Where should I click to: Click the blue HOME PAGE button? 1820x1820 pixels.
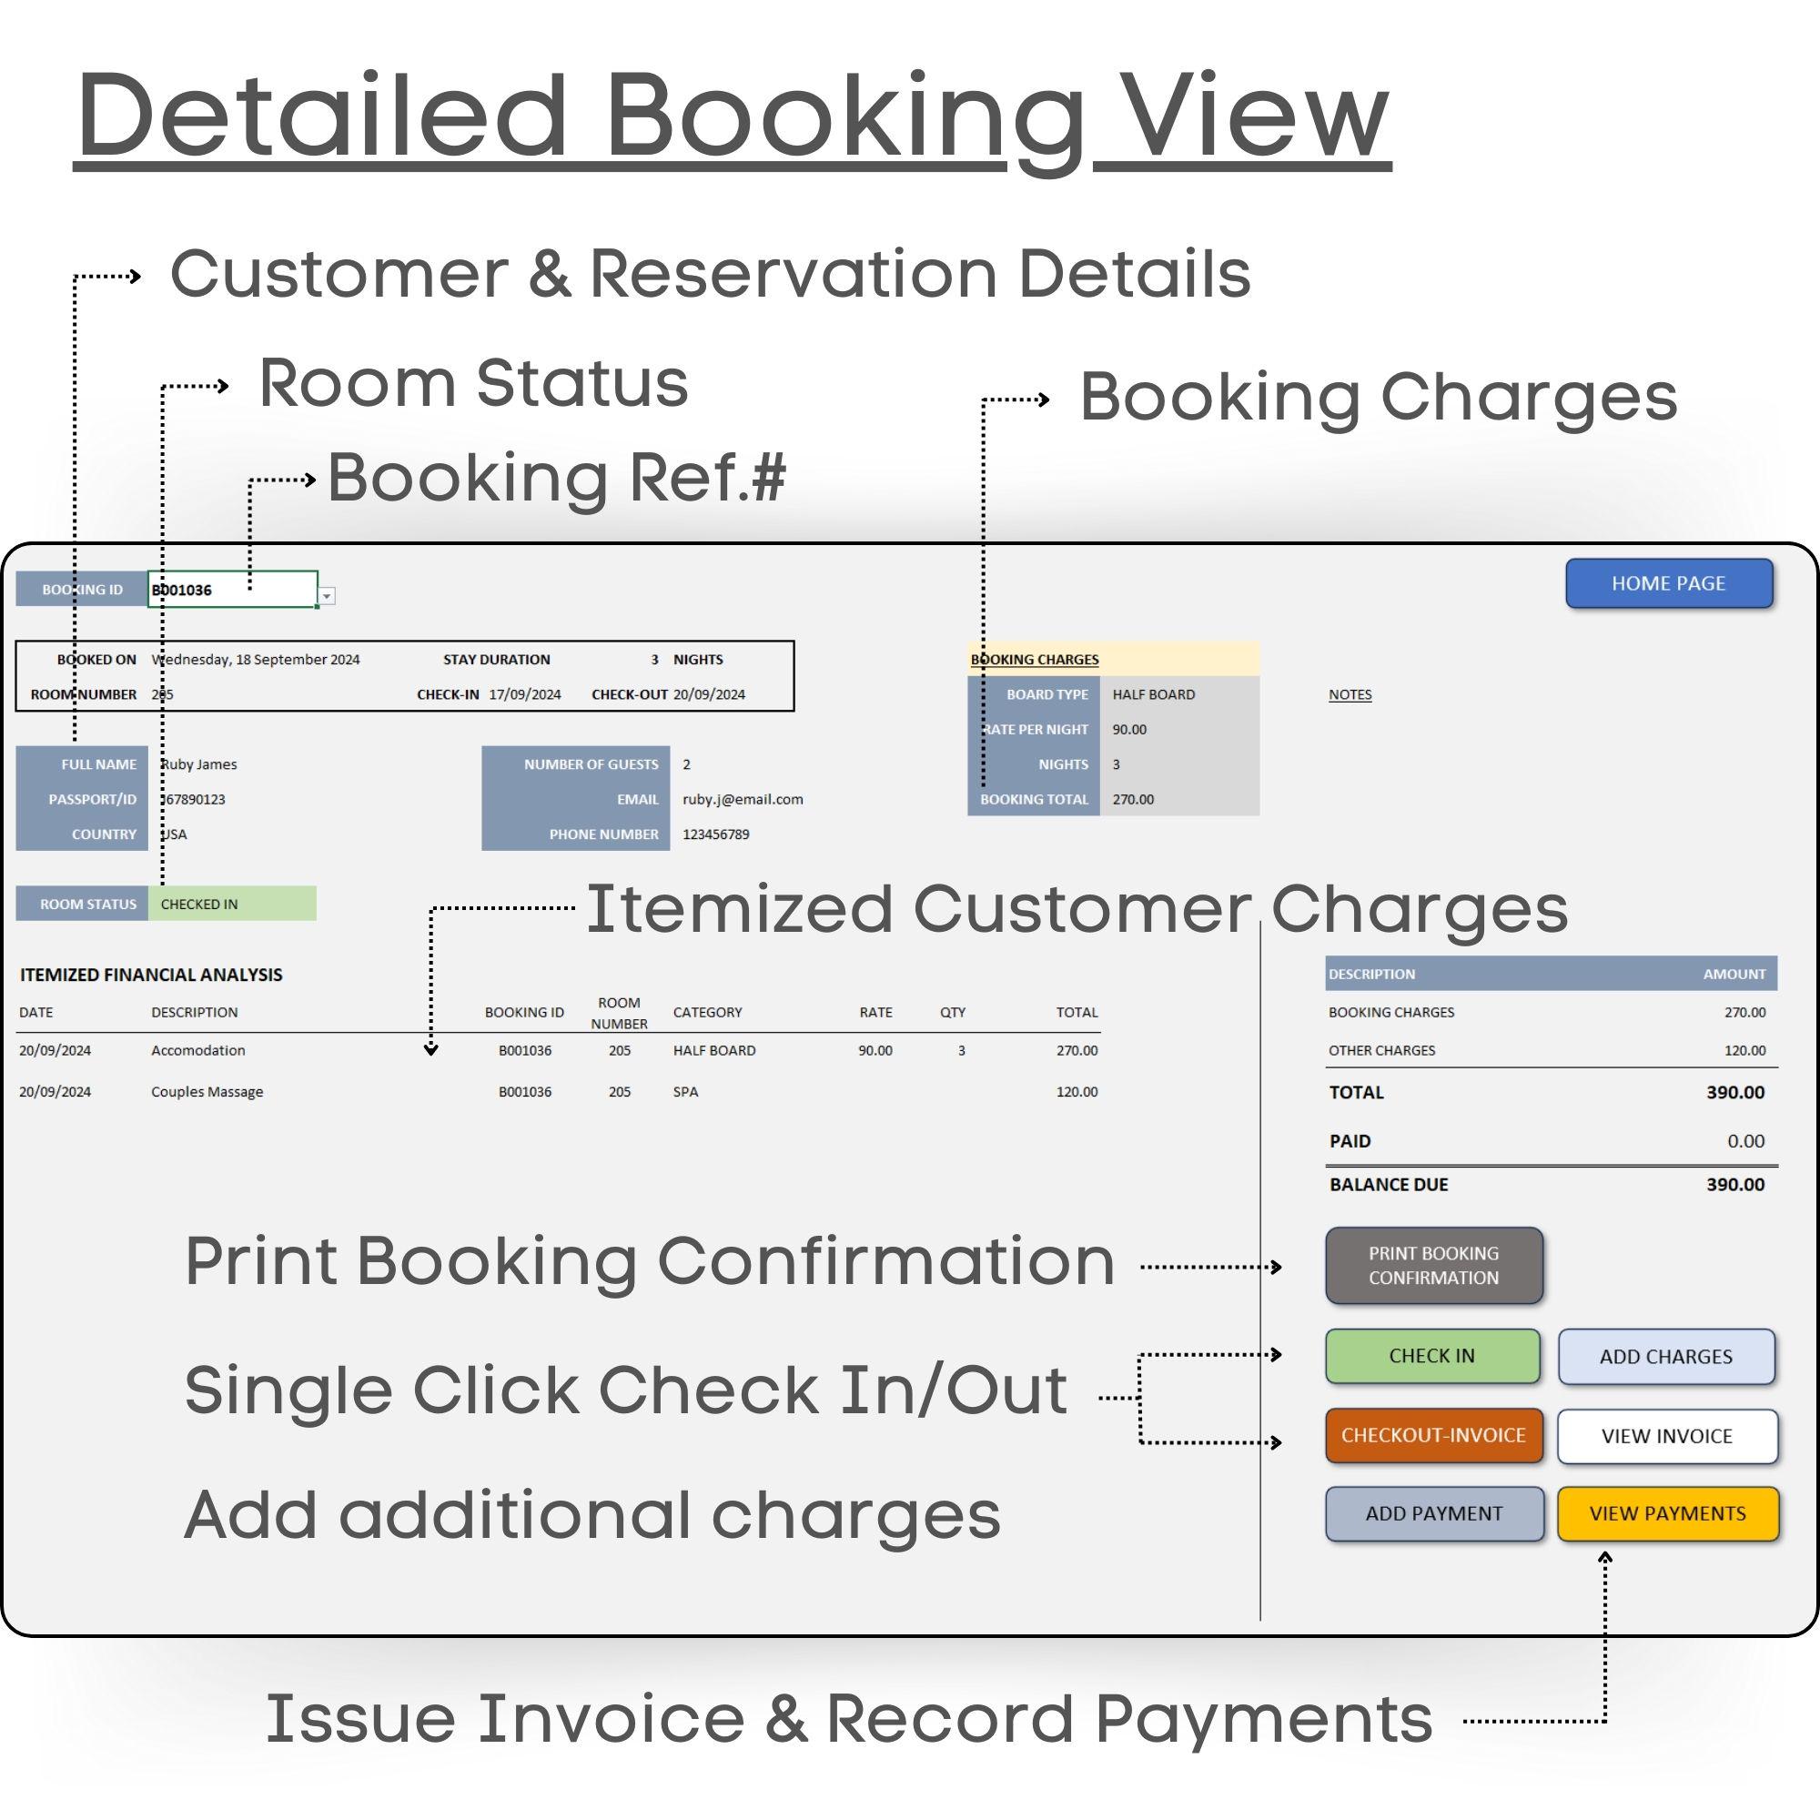coord(1668,583)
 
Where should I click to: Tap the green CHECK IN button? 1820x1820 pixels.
coord(1431,1356)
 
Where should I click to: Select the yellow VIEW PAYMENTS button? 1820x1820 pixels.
coord(1667,1513)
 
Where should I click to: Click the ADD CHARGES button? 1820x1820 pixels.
coord(1665,1357)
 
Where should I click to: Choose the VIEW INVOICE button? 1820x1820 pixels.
coord(1666,1436)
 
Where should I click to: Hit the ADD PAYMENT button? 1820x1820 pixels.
coord(1434,1513)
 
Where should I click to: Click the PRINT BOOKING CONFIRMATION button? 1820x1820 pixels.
coord(1433,1265)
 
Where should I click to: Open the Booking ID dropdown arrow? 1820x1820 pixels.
coord(327,595)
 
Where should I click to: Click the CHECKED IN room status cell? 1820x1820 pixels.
coord(232,904)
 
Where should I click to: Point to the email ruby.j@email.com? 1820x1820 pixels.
coord(743,799)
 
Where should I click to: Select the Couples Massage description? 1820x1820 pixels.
coord(207,1092)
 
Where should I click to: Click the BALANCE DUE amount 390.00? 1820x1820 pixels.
coord(1734,1184)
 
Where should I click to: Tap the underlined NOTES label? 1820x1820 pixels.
coord(1349,694)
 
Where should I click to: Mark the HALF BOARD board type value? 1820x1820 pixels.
coord(1153,694)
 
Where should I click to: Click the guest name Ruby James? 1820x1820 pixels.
coord(198,764)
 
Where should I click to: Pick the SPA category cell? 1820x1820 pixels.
coord(686,1092)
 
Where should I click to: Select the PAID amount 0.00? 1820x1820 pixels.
coord(1744,1141)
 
